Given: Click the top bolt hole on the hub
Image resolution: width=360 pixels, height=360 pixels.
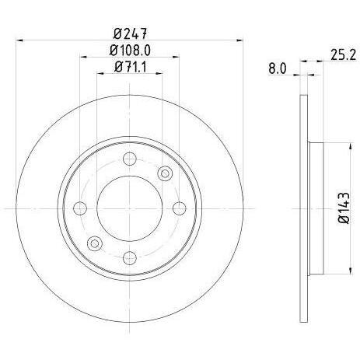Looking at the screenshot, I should [x=129, y=159].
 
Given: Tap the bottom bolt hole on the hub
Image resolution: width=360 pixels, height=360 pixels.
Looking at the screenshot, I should [x=129, y=256].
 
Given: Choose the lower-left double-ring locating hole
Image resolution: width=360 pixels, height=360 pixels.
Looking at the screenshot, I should [x=94, y=243].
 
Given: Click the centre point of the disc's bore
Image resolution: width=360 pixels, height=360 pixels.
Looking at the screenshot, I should [x=129, y=208].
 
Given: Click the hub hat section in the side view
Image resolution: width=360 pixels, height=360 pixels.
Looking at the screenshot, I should [x=315, y=208].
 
